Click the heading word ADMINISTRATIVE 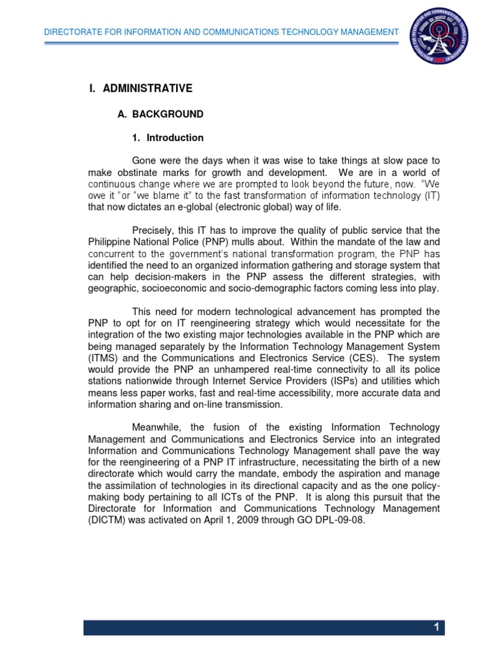click(147, 88)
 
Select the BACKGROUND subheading click(168, 114)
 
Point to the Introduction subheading click(175, 138)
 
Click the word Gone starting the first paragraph click(144, 160)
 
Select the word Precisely click(153, 231)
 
